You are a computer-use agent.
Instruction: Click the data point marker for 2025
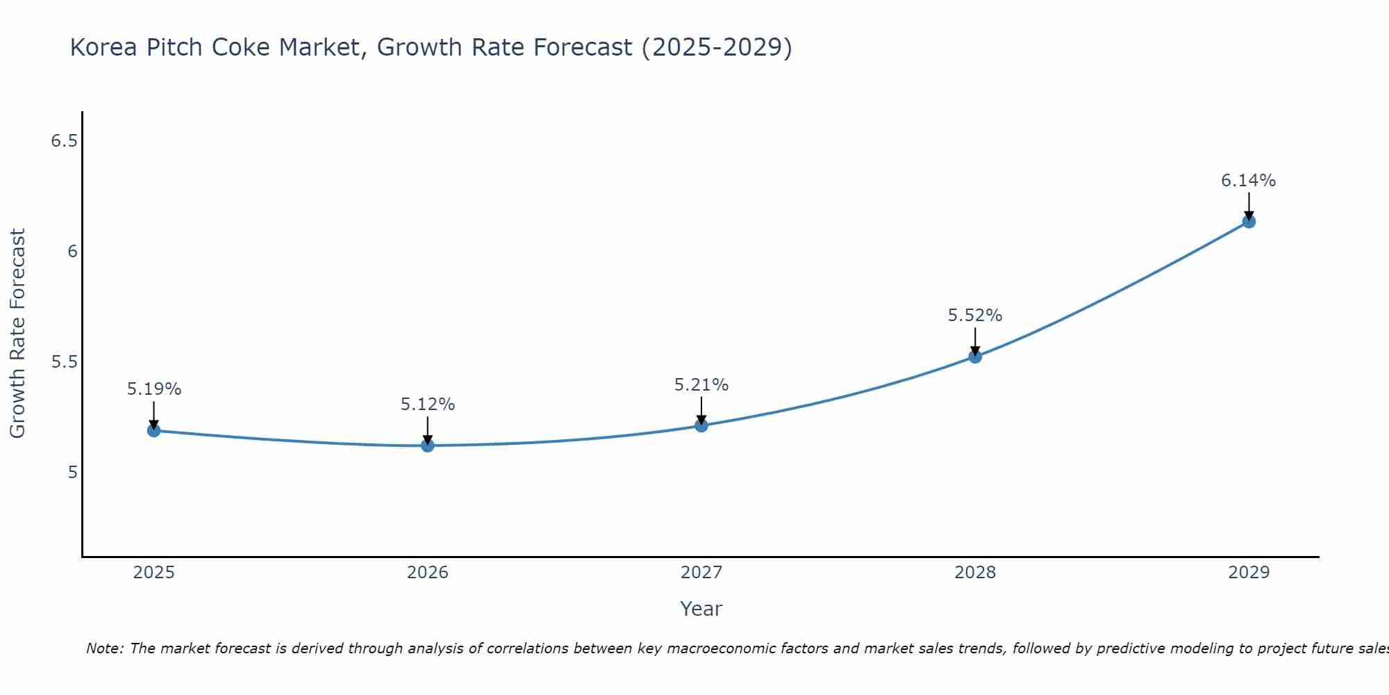[154, 431]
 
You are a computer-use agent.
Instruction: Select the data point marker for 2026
[428, 445]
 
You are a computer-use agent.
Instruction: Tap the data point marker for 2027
[701, 425]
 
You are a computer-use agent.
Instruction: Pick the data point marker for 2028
[975, 357]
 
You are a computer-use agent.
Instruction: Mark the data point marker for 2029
[1249, 222]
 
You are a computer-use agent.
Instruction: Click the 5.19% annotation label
[154, 389]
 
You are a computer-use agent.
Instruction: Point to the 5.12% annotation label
[428, 404]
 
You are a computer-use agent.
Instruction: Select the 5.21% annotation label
[701, 385]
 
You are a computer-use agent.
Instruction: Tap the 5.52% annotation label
[975, 316]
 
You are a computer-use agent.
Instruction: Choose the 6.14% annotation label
[1249, 181]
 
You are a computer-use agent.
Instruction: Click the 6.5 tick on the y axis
[64, 141]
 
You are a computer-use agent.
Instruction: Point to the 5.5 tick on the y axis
[64, 362]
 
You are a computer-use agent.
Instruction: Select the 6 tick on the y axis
[72, 252]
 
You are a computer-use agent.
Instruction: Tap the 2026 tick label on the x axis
[428, 573]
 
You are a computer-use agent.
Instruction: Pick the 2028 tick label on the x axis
[975, 573]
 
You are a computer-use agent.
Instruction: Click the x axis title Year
[701, 609]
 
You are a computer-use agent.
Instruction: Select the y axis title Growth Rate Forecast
[18, 334]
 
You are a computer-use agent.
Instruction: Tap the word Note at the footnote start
[104, 648]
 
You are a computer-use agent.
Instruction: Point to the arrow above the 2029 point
[1249, 205]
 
